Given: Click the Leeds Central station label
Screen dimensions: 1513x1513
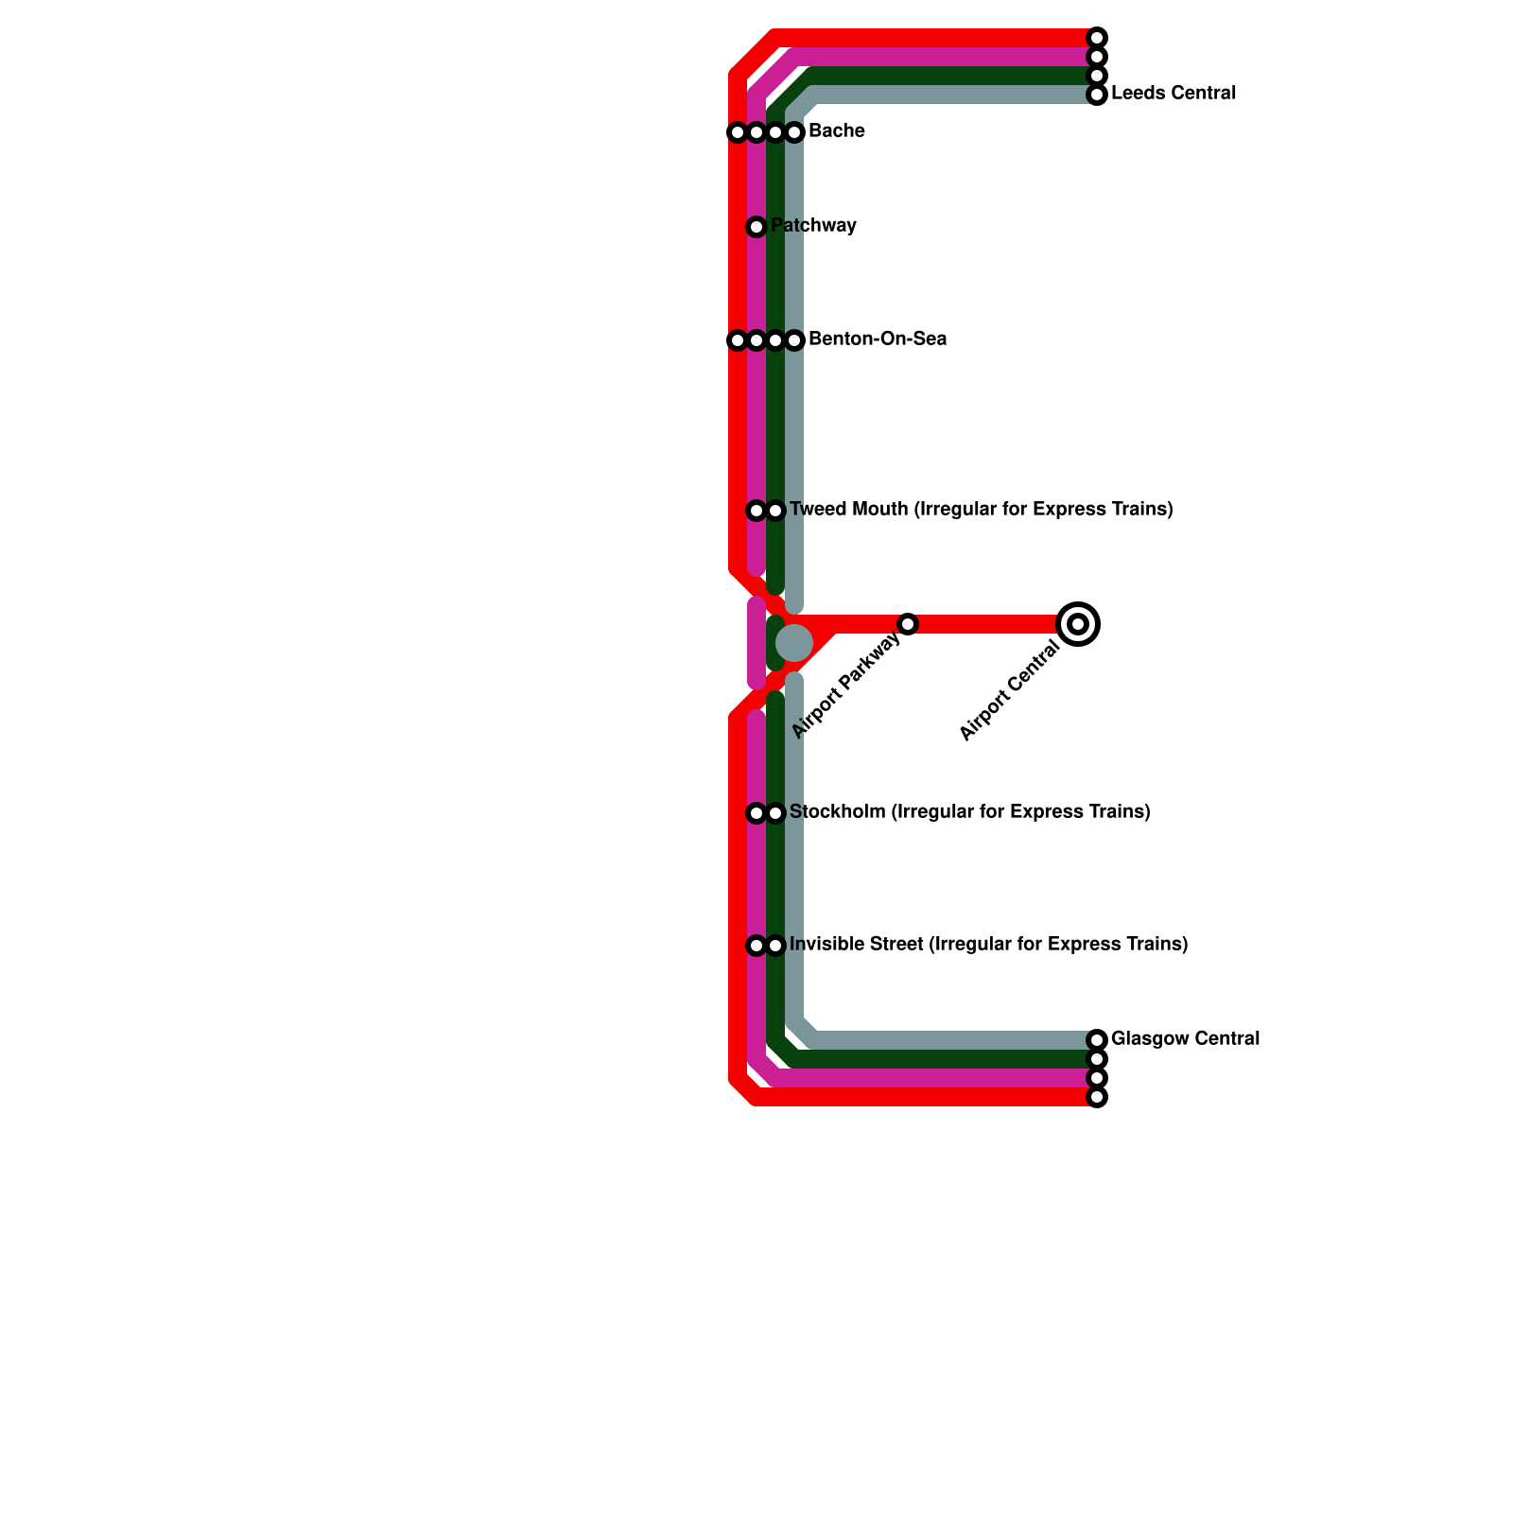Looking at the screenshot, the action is [1173, 94].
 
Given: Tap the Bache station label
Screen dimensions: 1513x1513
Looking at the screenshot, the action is [836, 131].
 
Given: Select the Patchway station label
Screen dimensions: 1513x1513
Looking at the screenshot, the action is [813, 226].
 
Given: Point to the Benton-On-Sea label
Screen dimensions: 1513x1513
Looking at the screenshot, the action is [877, 339].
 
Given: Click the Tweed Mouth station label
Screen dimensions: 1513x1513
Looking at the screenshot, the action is [981, 510].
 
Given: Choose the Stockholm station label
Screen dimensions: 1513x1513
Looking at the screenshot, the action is [969, 812].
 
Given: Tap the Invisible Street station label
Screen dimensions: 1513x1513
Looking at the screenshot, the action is [988, 945].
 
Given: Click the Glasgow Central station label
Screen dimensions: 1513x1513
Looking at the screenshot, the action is [1185, 1039].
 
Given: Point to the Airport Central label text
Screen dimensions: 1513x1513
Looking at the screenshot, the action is [1009, 691].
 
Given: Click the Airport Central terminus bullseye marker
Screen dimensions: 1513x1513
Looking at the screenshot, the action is [1078, 624].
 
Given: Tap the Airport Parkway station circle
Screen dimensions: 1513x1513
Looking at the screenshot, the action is [908, 624].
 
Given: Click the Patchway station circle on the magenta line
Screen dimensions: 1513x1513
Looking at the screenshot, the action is [756, 227].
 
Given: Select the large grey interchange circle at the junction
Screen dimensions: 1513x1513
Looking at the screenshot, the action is [794, 643].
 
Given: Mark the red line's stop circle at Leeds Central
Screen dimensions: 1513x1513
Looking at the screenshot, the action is [1097, 38].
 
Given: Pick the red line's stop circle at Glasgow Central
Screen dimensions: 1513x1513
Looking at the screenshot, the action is [1097, 1097].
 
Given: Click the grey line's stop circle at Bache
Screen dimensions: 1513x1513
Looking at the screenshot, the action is [794, 132].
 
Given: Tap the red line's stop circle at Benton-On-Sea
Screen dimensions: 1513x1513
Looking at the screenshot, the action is [738, 340].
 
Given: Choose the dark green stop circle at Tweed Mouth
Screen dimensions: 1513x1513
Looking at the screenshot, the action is [775, 511].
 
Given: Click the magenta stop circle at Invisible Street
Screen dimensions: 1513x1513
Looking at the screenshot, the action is [756, 946].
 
